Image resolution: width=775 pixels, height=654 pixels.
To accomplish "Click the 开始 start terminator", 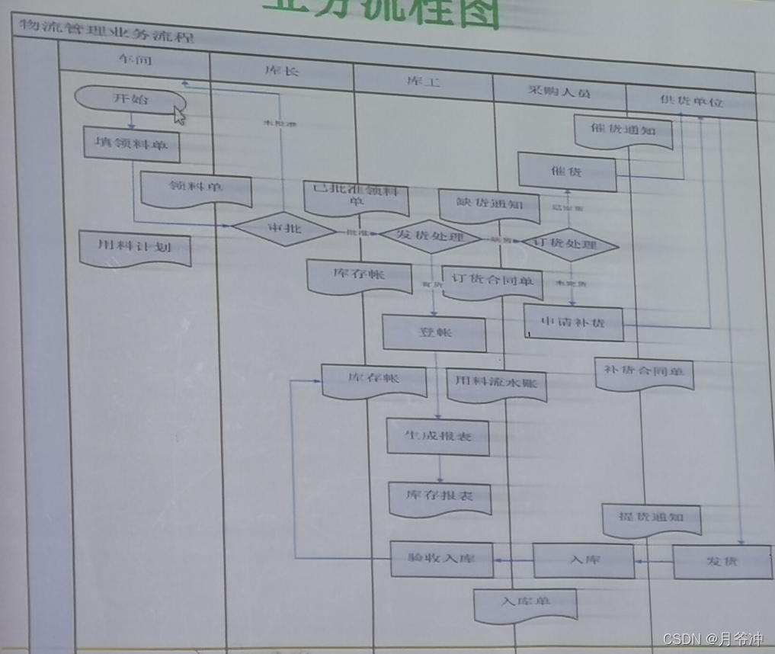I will (130, 99).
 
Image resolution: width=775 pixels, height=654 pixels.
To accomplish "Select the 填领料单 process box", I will (131, 143).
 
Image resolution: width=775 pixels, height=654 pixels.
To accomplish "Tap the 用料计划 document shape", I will (134, 247).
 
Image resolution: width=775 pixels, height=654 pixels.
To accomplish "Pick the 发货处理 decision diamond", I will (431, 236).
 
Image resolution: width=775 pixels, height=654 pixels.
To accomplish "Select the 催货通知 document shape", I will (623, 131).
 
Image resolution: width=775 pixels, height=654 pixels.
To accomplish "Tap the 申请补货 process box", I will (573, 322).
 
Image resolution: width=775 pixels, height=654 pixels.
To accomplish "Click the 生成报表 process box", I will (437, 437).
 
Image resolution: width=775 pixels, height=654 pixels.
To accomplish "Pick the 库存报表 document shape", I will (439, 496).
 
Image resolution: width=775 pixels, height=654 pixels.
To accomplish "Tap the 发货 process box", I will (721, 561).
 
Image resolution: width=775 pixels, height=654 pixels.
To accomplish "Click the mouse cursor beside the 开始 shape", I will (180, 115).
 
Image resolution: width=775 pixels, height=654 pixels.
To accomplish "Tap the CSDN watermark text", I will (713, 639).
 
